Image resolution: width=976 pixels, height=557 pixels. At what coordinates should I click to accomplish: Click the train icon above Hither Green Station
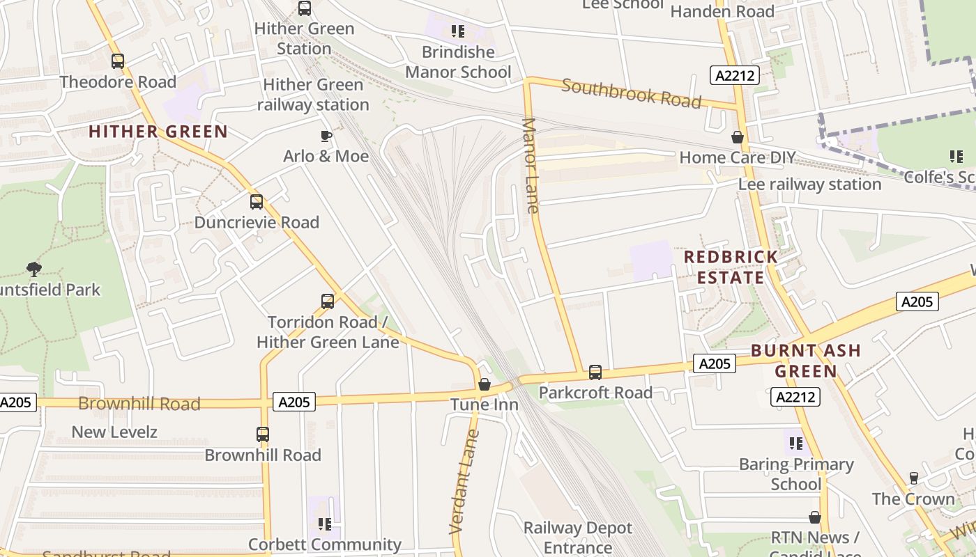click(x=305, y=8)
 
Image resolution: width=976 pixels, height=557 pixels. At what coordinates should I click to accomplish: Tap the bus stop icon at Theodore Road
click(x=118, y=61)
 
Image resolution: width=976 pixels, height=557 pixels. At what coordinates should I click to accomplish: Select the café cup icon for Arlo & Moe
click(x=326, y=136)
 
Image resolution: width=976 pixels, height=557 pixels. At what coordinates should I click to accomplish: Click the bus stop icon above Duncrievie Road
click(x=257, y=202)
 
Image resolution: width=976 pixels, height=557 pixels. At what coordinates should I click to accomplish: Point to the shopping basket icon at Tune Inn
click(x=485, y=384)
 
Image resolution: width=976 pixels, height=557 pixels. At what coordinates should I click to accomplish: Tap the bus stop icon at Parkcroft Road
click(x=595, y=372)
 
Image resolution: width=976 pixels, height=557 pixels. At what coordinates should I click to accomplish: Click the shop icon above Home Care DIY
click(x=738, y=137)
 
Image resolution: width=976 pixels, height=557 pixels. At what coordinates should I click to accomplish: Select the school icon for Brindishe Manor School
click(x=458, y=31)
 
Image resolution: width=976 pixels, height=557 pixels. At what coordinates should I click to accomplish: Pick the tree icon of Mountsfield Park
click(x=33, y=269)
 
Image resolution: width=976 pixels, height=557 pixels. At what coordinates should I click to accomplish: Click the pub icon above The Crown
click(x=914, y=478)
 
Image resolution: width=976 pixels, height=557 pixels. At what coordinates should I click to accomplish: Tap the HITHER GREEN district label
click(x=158, y=132)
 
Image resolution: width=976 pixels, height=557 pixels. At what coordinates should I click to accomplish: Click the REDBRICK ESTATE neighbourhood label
click(x=731, y=267)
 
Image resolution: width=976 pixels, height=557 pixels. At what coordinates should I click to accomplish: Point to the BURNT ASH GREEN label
click(x=806, y=361)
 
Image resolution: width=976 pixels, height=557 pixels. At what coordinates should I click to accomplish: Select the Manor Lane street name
click(x=531, y=166)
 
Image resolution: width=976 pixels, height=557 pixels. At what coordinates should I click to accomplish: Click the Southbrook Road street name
click(x=631, y=93)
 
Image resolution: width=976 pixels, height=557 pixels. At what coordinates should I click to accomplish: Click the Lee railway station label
click(x=809, y=185)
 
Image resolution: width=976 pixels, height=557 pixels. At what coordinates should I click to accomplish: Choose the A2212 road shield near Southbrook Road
click(x=735, y=75)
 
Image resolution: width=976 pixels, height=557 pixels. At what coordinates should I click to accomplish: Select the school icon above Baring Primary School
click(x=796, y=444)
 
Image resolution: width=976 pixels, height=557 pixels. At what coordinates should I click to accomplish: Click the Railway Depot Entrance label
click(x=578, y=538)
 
